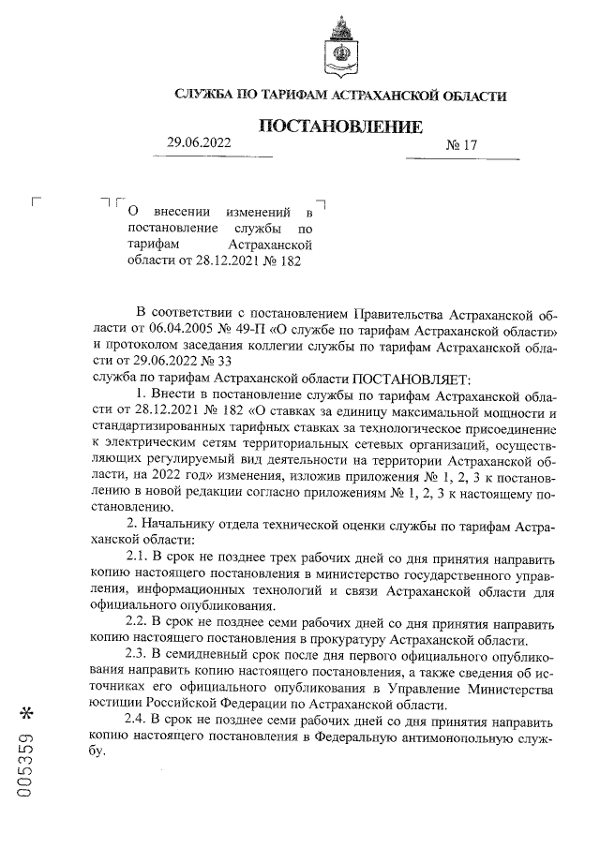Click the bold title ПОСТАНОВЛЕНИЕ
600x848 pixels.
(340, 126)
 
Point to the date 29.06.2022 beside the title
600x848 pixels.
(198, 142)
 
